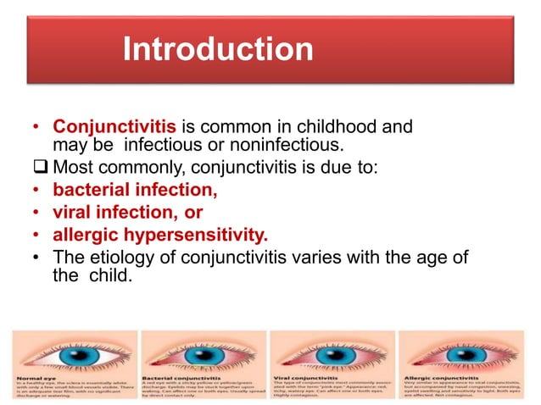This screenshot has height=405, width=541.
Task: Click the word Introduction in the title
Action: click(218, 50)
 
